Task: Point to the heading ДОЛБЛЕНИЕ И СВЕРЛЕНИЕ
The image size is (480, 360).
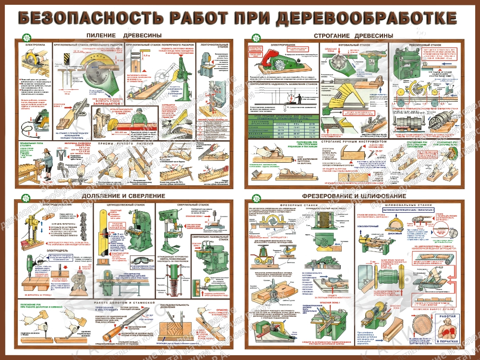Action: [x=123, y=196]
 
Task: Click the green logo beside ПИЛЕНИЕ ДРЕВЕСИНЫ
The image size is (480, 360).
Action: [x=25, y=36]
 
